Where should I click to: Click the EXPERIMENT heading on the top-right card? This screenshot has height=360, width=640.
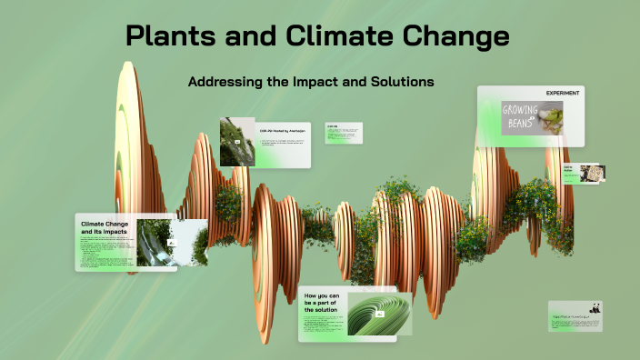pos(563,94)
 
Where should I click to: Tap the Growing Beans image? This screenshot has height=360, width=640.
pos(532,117)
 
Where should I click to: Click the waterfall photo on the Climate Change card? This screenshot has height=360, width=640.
pos(155,242)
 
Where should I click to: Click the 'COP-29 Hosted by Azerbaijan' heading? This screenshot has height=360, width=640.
pos(284,131)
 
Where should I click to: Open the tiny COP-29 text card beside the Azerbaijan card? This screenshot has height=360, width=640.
pos(344,133)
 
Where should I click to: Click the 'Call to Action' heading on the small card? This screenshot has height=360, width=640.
pos(568,170)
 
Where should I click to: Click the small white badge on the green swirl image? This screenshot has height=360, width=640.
pos(380,314)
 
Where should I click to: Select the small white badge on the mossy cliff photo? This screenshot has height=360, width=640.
pos(238,143)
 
